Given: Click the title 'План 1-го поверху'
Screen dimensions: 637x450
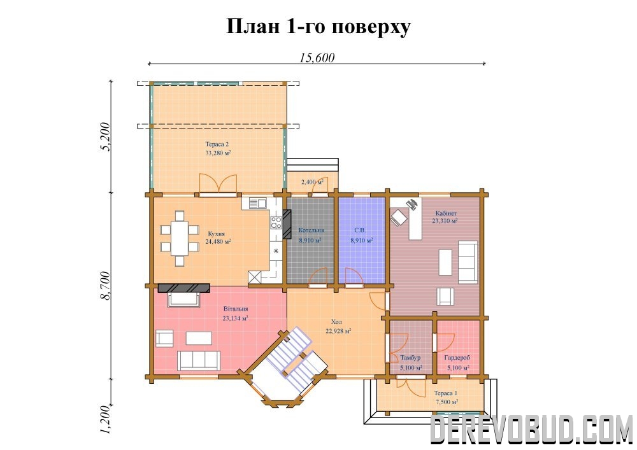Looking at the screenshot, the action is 318,27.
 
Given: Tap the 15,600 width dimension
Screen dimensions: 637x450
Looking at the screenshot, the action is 317,58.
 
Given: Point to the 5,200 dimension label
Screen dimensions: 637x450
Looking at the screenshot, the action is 105,136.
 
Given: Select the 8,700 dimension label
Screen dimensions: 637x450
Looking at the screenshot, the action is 105,286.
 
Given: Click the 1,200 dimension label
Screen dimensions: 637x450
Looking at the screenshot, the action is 105,419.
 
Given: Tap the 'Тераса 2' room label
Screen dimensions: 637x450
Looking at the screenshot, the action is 217,144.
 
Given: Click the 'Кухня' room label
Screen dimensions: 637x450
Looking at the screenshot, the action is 216,234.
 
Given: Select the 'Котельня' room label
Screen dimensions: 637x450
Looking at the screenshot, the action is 311,230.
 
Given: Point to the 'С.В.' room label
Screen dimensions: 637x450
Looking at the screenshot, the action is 360,230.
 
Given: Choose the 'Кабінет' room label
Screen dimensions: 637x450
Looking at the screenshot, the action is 446,213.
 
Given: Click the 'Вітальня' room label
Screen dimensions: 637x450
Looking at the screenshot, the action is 236,309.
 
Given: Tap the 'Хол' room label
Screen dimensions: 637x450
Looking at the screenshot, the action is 337,321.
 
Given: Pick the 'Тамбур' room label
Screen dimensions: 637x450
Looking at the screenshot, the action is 410,358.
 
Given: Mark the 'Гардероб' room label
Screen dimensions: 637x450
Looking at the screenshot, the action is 457,358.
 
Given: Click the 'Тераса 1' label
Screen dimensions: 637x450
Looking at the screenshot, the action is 446,393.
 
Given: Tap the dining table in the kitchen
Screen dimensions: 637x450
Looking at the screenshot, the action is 179,238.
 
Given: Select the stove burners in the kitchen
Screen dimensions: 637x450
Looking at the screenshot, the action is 276,222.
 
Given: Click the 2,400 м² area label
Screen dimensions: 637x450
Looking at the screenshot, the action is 312,182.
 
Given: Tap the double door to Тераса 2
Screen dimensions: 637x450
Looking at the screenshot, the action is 218,185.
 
